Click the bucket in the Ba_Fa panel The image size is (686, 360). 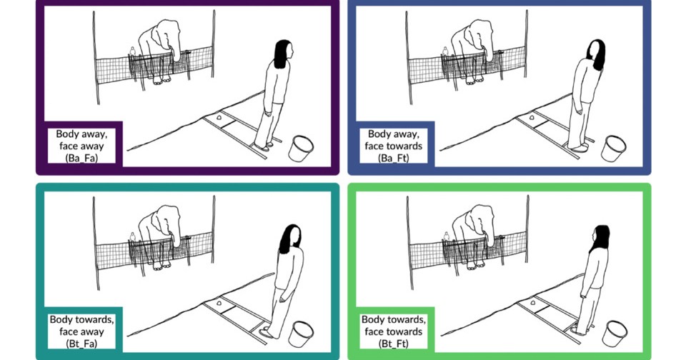click(x=301, y=149)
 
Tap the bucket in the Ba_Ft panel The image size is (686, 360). click(x=613, y=149)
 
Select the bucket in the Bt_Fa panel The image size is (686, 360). click(x=301, y=334)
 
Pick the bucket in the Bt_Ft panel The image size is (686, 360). click(x=615, y=334)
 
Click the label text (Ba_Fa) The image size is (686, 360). click(x=81, y=159)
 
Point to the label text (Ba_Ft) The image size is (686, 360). click(x=393, y=159)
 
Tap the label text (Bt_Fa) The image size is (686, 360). click(x=81, y=344)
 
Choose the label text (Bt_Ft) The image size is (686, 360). click(x=393, y=344)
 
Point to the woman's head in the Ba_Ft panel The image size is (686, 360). click(x=596, y=54)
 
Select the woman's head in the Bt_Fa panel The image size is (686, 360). click(x=291, y=239)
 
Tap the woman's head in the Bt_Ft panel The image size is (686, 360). click(x=600, y=239)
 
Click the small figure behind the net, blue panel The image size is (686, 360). click(x=445, y=51)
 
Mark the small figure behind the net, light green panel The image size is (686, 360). click(x=446, y=237)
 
